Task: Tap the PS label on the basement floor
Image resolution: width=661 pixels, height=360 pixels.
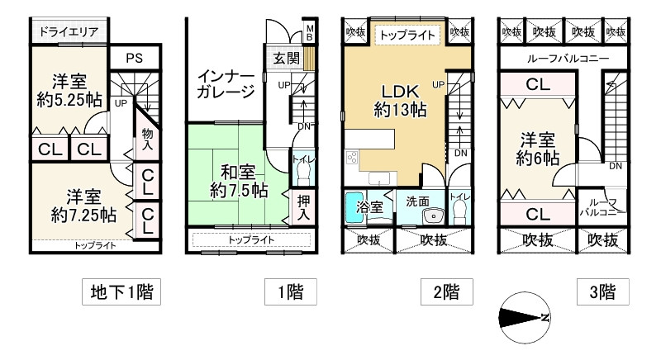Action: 134,58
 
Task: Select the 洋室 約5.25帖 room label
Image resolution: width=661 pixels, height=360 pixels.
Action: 69,91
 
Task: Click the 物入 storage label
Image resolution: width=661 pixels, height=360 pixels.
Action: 148,139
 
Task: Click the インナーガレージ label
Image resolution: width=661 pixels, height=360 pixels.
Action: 226,84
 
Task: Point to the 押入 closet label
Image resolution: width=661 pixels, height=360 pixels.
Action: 302,206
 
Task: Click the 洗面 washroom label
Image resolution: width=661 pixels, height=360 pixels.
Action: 417,201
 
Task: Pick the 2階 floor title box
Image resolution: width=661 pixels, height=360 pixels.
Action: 440,291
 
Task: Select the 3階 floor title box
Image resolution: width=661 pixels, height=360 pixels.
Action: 603,291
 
